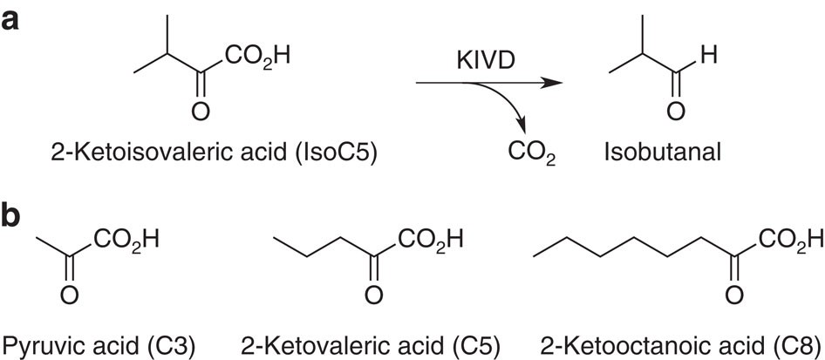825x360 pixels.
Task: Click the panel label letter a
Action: point(13,21)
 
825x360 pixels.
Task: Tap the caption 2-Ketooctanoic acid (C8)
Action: point(669,343)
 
